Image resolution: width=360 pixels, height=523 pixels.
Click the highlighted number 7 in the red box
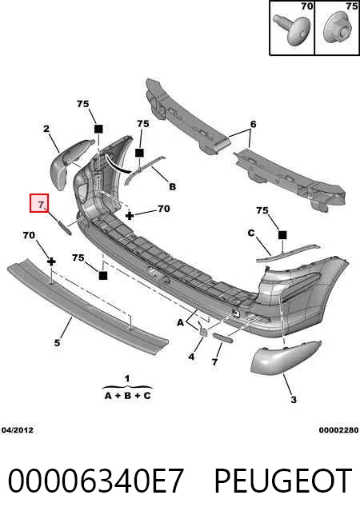pyautogui.click(x=41, y=204)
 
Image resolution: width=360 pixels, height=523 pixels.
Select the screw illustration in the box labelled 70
pyautogui.click(x=292, y=29)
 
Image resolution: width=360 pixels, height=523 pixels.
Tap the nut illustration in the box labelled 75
pyautogui.click(x=338, y=29)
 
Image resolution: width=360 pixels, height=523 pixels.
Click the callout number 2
pyautogui.click(x=46, y=129)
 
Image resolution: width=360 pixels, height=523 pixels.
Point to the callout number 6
pyautogui.click(x=254, y=124)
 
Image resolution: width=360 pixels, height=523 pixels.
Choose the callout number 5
pyautogui.click(x=57, y=342)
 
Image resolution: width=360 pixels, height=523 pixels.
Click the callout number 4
pyautogui.click(x=191, y=357)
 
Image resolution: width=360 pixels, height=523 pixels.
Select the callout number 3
pyautogui.click(x=294, y=399)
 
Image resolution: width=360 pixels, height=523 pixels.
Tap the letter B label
pyautogui.click(x=172, y=186)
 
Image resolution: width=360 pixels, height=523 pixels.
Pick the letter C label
pyautogui.click(x=251, y=233)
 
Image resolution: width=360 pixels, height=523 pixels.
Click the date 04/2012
pyautogui.click(x=18, y=430)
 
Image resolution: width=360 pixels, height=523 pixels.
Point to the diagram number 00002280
pyautogui.click(x=338, y=430)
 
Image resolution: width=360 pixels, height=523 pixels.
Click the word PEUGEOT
pyautogui.click(x=283, y=481)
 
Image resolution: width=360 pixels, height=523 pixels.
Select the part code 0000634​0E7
pyautogui.click(x=96, y=481)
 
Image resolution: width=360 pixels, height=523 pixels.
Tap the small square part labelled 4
pyautogui.click(x=203, y=330)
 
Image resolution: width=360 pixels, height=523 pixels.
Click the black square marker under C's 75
pyautogui.click(x=282, y=235)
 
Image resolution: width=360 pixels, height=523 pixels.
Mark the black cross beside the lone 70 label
pyautogui.click(x=130, y=216)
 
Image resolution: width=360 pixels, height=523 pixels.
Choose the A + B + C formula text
pyautogui.click(x=128, y=396)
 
